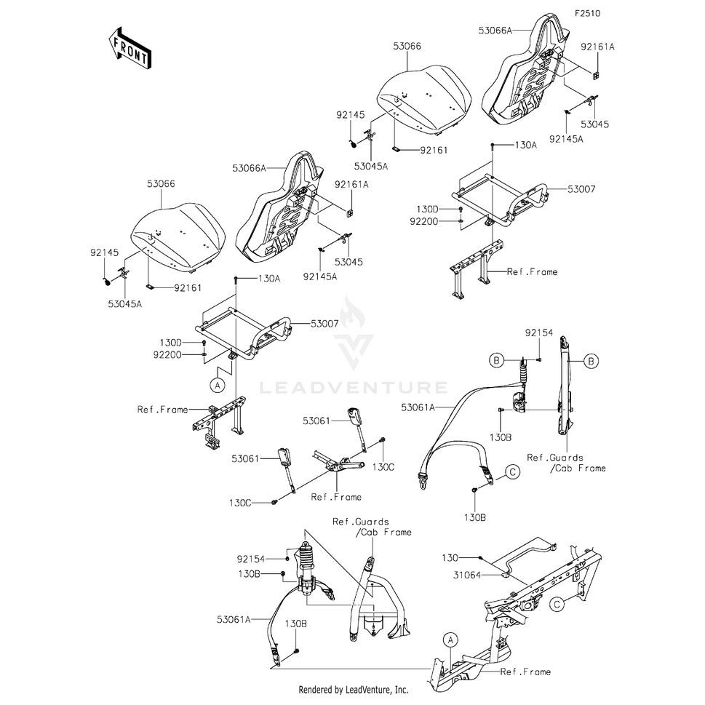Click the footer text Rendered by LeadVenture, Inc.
coord(354,689)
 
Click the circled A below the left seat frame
coord(217,382)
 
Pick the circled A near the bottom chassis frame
coord(450,639)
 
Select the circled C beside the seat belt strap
coord(512,472)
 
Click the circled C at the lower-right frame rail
coord(557,603)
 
